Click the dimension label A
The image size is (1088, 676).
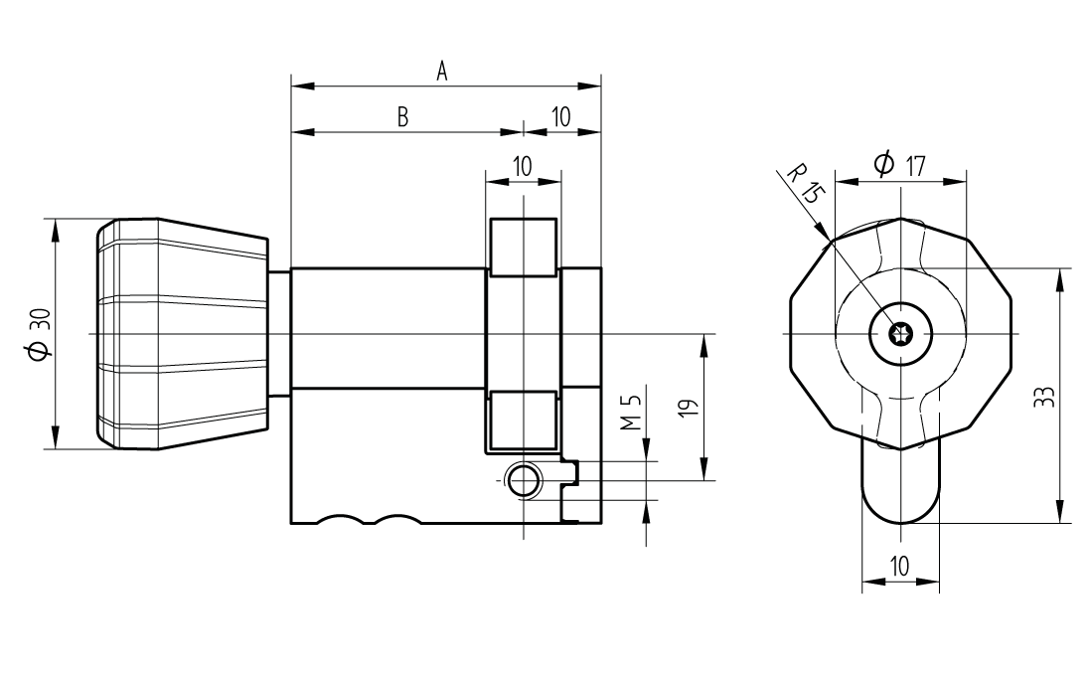(x=443, y=71)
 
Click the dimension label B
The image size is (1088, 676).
(x=403, y=117)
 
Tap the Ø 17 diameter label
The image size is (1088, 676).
(x=899, y=164)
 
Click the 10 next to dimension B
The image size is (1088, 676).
(x=560, y=117)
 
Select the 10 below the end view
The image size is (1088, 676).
(x=899, y=567)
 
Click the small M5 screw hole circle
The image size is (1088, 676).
(x=523, y=481)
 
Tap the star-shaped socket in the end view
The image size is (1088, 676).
(x=900, y=334)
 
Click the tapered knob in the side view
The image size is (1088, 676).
(x=184, y=333)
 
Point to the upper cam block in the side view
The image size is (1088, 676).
(x=523, y=247)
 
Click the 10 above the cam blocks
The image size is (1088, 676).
(x=523, y=164)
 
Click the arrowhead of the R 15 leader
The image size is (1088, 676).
(x=828, y=236)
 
